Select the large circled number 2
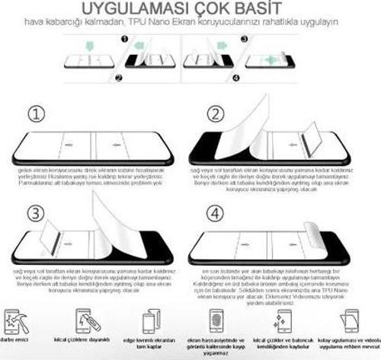pyautogui.click(x=216, y=114)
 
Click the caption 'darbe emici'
pyautogui.click(x=17, y=339)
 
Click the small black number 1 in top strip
pyautogui.click(x=122, y=37)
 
